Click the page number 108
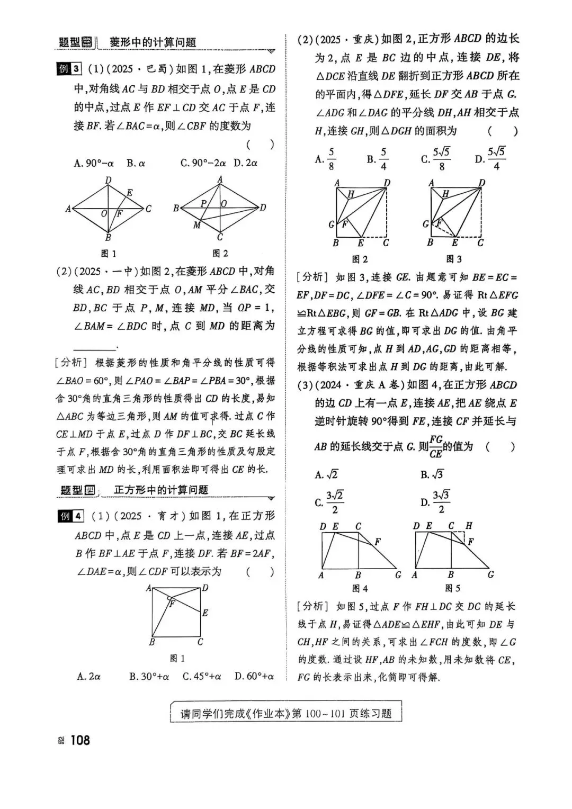click(x=79, y=740)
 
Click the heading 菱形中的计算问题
click(x=153, y=42)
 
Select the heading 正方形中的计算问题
click(x=161, y=490)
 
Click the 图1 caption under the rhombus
click(x=109, y=254)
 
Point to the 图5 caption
click(x=453, y=588)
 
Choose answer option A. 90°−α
click(x=94, y=163)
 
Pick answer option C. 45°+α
click(x=202, y=676)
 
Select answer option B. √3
click(x=432, y=474)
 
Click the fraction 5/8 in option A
click(x=331, y=159)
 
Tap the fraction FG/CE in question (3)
click(x=435, y=446)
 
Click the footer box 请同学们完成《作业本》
click(x=286, y=713)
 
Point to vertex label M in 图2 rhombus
click(x=196, y=225)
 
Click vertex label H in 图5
click(x=469, y=526)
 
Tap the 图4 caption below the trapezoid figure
click(x=360, y=588)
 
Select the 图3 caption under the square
click(x=454, y=259)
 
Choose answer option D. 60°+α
click(x=254, y=676)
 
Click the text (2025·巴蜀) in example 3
click(x=130, y=69)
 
